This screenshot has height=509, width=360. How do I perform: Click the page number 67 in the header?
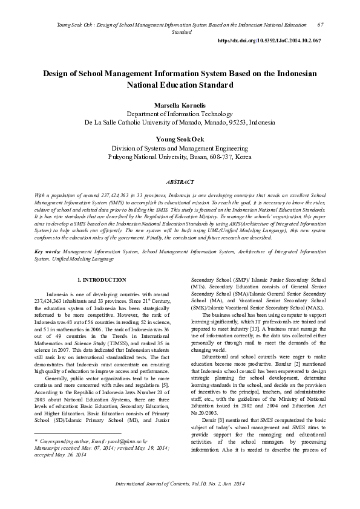coord(320,24)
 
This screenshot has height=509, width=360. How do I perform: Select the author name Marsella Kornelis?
coord(180,105)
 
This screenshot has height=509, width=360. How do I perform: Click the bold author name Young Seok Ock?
coord(180,140)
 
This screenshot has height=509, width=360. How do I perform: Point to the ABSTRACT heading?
coord(180,182)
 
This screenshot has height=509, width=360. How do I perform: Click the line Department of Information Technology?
coord(180,114)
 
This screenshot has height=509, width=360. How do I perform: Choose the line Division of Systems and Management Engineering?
coord(180,148)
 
